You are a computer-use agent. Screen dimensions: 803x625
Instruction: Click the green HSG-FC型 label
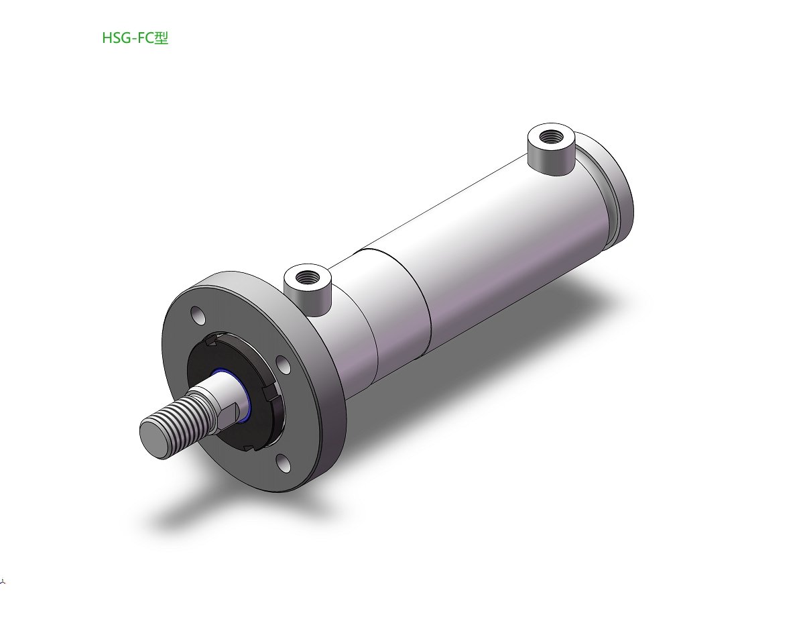click(135, 38)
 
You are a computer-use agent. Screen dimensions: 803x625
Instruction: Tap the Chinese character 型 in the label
click(162, 38)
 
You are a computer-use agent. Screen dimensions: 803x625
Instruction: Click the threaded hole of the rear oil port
click(552, 136)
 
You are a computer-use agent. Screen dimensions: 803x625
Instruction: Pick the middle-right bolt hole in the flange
click(284, 365)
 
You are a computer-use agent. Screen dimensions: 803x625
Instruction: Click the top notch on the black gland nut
click(212, 339)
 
